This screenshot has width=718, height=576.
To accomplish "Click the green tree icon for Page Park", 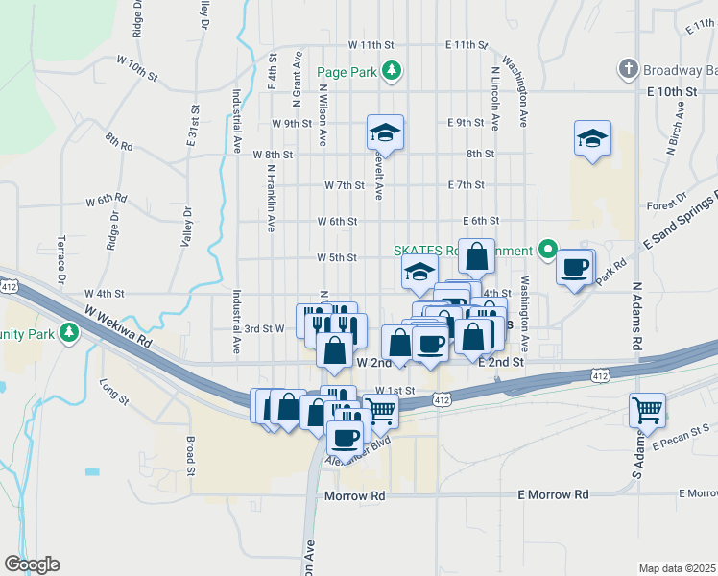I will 392,70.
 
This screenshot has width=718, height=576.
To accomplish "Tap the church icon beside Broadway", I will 628,69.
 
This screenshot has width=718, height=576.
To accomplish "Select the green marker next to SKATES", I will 548,251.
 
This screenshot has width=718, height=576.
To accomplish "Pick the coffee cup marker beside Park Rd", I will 575,268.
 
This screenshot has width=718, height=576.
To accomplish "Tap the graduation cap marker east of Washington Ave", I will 593,138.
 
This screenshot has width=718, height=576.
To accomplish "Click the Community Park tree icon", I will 68,333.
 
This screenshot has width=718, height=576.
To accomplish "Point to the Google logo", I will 32,564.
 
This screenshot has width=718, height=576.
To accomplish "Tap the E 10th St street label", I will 671,90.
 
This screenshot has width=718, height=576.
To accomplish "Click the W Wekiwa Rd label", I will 118,326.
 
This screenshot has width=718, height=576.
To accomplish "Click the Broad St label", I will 190,456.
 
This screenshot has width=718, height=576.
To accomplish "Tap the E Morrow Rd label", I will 553,494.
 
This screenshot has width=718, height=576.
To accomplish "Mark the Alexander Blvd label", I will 360,455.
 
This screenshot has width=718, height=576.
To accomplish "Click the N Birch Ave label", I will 677,132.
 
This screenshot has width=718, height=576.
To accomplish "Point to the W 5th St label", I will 337,257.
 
